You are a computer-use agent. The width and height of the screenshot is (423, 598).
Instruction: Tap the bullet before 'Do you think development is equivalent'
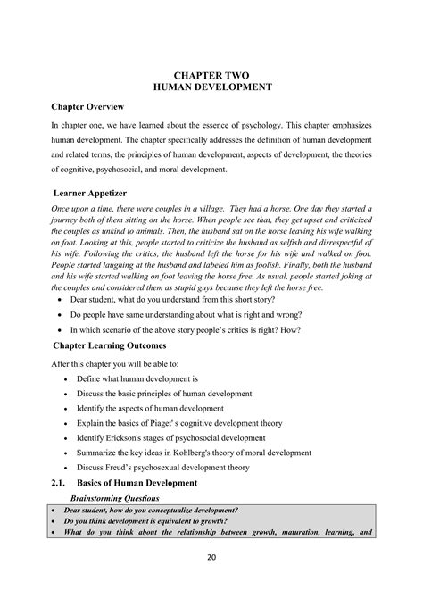(x=55, y=520)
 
